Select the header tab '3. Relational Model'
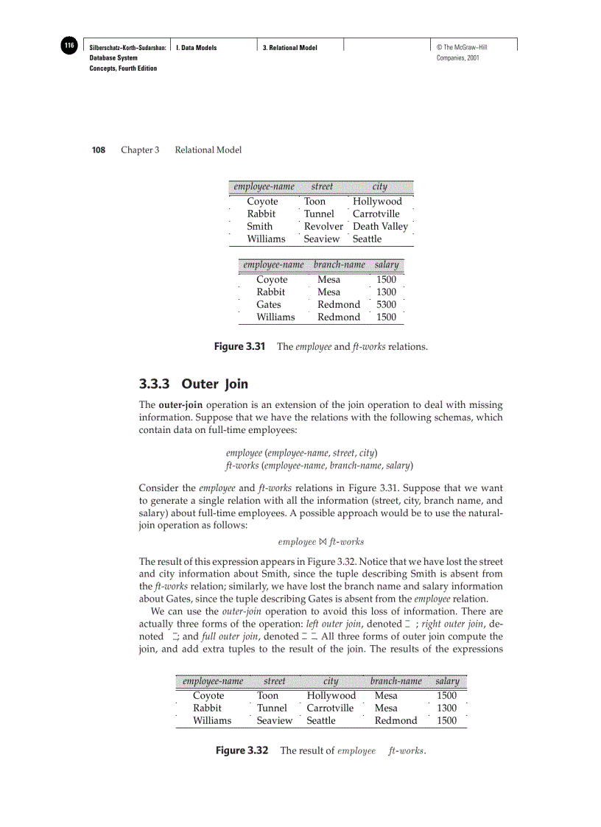(290, 48)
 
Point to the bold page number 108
(98, 149)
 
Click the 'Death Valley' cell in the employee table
(380, 226)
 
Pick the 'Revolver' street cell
(323, 226)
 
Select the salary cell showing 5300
(386, 304)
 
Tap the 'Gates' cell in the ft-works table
(268, 304)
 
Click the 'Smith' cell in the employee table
(259, 226)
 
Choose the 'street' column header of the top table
(322, 187)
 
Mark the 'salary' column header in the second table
(387, 264)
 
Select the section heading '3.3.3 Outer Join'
(194, 384)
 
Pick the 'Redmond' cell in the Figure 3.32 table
(396, 720)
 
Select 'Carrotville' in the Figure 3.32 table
(330, 708)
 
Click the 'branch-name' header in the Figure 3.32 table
(396, 681)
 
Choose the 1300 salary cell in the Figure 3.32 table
(446, 708)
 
